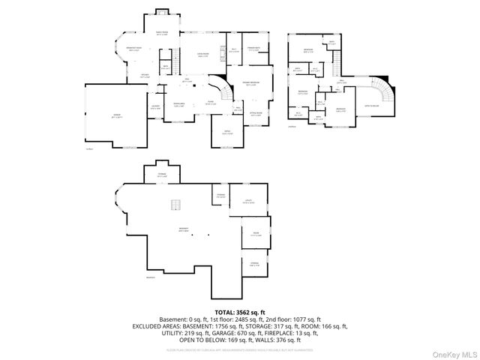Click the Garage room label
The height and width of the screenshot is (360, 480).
(117, 117)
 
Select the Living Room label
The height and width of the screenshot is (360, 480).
(202, 55)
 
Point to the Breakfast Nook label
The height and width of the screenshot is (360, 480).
(134, 49)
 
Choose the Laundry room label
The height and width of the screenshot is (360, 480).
(156, 107)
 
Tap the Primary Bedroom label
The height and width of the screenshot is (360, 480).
(250, 84)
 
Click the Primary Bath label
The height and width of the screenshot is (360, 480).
(252, 49)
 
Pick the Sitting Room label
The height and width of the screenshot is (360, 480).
(256, 114)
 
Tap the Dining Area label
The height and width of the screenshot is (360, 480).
(179, 103)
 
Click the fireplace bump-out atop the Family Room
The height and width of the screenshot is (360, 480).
(162, 12)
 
